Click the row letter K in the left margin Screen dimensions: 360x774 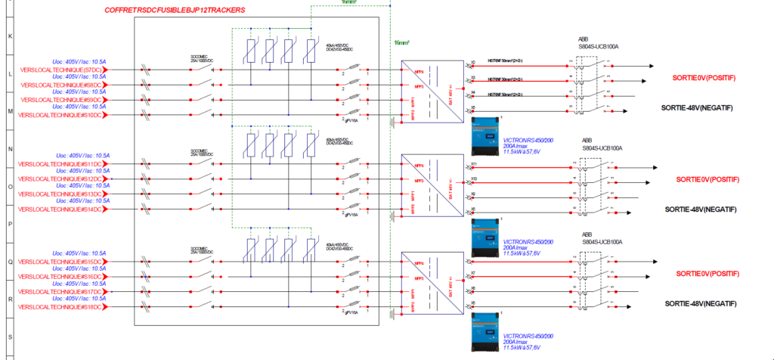[x=10, y=36]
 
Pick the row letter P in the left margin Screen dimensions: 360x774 [x=10, y=224]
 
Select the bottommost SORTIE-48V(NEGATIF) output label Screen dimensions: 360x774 [x=699, y=303]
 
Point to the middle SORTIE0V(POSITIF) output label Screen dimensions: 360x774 [x=707, y=179]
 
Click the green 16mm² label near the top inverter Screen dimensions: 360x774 [x=401, y=43]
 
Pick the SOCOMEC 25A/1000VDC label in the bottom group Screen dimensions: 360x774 [x=199, y=249]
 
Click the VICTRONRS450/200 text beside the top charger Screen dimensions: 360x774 [x=528, y=140]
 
